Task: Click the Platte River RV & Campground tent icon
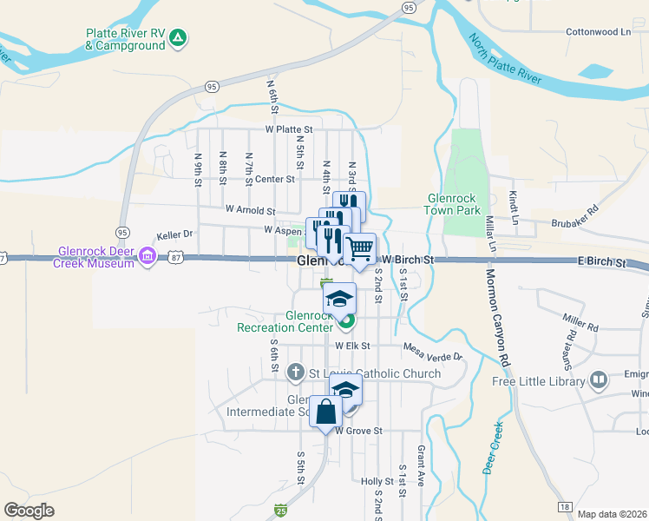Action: coord(177,37)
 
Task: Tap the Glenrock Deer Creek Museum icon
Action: coord(147,256)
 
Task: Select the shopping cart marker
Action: coord(360,249)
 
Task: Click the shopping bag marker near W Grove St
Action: coord(325,412)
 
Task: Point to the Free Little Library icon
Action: coord(599,379)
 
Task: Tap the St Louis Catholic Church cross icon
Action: coord(295,373)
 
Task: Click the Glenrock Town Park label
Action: coord(452,204)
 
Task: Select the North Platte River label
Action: coord(505,60)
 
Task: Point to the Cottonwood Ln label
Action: coord(598,31)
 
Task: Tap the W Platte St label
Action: coord(290,129)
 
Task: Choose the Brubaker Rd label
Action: coord(575,216)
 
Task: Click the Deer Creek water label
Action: coord(491,447)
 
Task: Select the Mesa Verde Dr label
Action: coord(433,350)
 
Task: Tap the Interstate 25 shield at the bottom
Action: coord(281,511)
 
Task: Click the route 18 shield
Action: coord(565,507)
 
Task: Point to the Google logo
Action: coord(29,511)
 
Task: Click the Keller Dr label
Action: coord(174,234)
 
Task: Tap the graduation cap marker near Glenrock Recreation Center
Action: coord(340,300)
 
